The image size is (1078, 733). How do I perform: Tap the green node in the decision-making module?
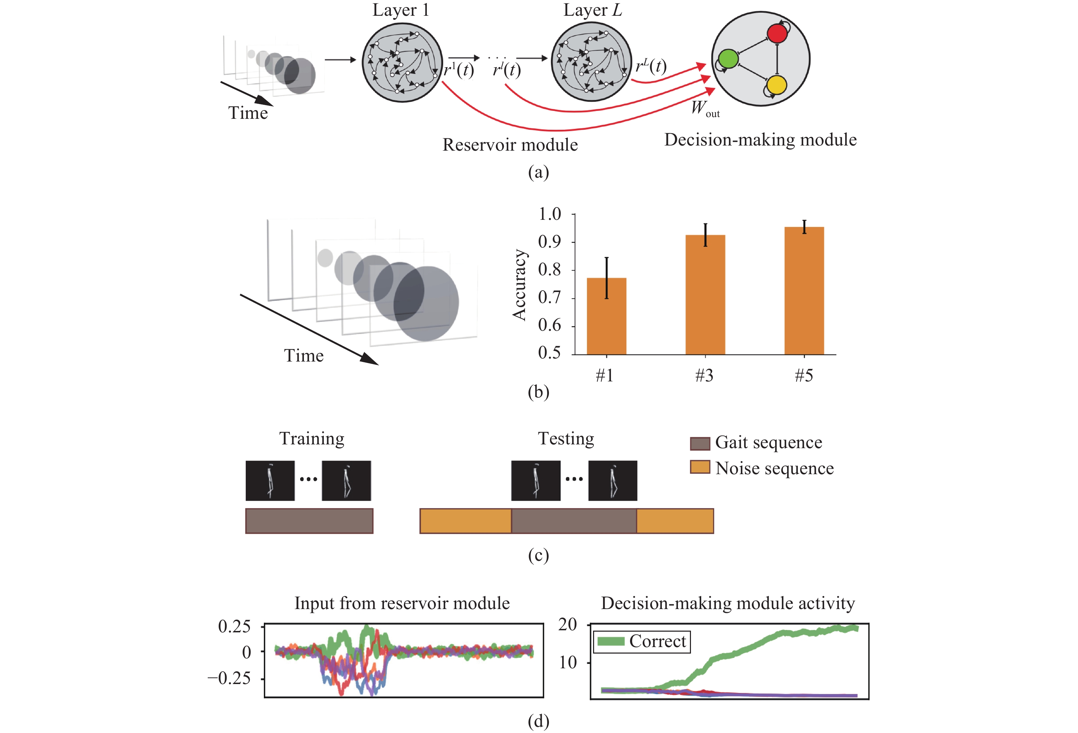(x=728, y=59)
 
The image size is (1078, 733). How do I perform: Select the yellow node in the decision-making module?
(x=777, y=85)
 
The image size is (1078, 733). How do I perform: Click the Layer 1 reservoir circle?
(x=402, y=62)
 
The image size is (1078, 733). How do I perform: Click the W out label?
(x=705, y=109)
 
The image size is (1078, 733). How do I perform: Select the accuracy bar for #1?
(x=606, y=316)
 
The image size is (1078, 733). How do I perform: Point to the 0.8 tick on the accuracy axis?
(x=549, y=269)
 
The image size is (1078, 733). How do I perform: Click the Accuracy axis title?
(x=519, y=285)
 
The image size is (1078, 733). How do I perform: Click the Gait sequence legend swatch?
(x=700, y=443)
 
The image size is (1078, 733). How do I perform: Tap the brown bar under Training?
(x=309, y=521)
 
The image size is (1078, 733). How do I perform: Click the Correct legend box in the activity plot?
(x=642, y=642)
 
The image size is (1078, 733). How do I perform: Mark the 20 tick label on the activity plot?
(x=567, y=624)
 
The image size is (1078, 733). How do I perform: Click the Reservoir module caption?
(x=510, y=145)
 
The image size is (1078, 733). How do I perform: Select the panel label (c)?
(x=538, y=555)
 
